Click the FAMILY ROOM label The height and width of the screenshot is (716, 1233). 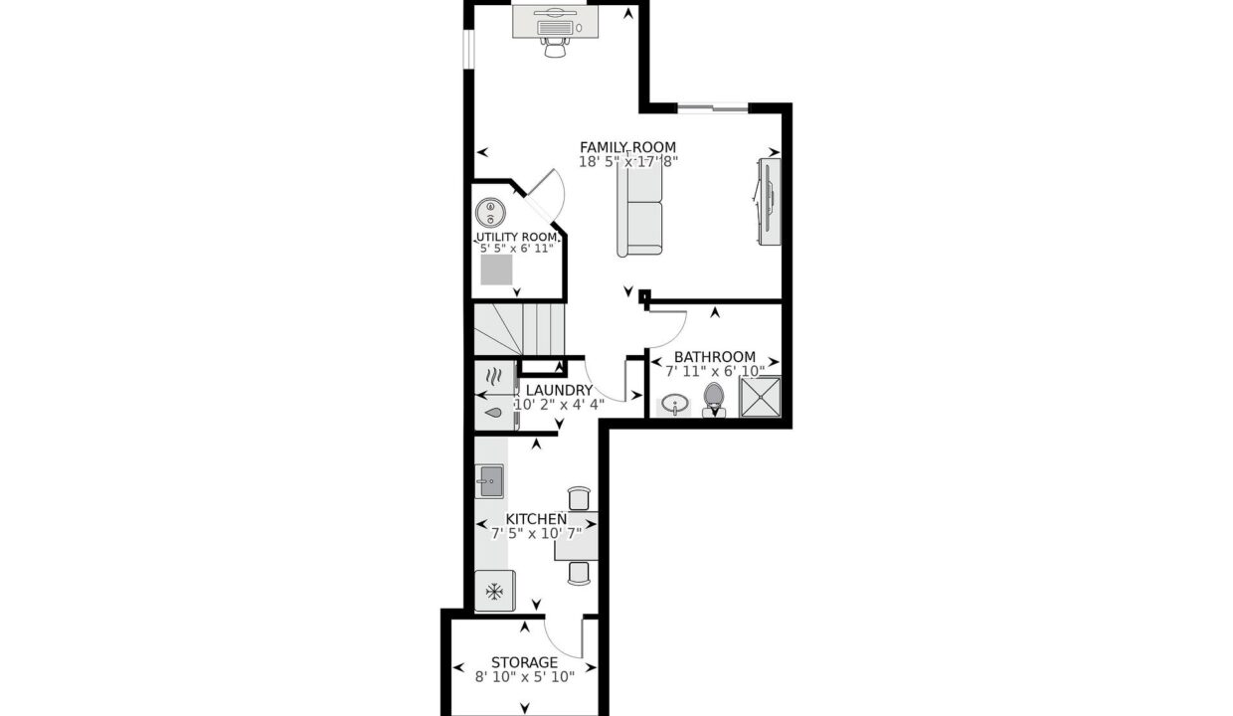627,147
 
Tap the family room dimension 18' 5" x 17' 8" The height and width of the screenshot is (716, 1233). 628,162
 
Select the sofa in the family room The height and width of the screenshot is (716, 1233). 639,208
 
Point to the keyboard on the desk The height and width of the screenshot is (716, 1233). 555,28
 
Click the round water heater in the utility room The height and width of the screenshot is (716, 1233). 490,213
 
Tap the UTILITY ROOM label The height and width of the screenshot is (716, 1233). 516,238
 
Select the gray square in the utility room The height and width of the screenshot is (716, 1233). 496,269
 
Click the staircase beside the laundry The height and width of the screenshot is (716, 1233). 520,329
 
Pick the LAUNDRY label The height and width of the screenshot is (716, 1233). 559,390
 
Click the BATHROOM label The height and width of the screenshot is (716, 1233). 715,357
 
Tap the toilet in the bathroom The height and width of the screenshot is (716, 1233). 714,400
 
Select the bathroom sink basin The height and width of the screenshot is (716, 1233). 675,405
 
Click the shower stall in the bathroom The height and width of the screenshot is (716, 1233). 760,396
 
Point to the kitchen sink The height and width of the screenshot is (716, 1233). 489,481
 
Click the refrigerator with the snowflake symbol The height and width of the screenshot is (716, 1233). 495,591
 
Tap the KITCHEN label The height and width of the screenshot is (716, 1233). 536,519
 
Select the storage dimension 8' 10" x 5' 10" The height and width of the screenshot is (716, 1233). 525,677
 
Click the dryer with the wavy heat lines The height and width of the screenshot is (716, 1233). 495,378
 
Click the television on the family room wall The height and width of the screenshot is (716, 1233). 768,202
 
